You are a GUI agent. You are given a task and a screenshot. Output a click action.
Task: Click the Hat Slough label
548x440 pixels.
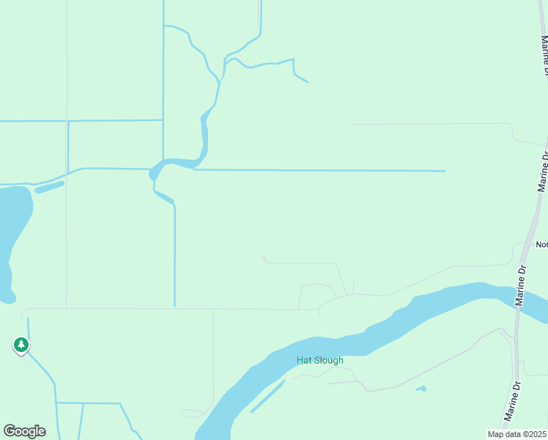319,360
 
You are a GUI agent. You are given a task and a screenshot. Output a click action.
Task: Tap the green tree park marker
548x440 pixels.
21,345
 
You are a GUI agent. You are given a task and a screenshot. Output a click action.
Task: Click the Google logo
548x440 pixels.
24,431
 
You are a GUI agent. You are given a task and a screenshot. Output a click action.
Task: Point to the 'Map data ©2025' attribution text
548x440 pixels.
517,434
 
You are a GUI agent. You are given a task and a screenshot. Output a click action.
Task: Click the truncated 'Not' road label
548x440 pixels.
541,245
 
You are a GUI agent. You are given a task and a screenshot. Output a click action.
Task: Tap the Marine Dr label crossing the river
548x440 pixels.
522,285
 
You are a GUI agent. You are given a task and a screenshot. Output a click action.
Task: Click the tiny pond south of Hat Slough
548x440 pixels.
421,389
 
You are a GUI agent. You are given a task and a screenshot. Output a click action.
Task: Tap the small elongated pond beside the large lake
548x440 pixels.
49,186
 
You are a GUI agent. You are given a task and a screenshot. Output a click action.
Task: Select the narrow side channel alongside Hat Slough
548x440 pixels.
267,396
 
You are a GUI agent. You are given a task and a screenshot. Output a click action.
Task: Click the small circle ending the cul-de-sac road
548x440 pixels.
264,258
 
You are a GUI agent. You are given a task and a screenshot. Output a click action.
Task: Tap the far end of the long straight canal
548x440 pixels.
444,171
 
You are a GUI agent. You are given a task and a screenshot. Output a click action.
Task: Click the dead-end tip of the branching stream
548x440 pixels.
307,81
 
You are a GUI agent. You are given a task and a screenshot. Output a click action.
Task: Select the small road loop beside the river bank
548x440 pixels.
192,414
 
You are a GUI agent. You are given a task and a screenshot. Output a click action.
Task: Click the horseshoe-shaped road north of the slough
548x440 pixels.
317,293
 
